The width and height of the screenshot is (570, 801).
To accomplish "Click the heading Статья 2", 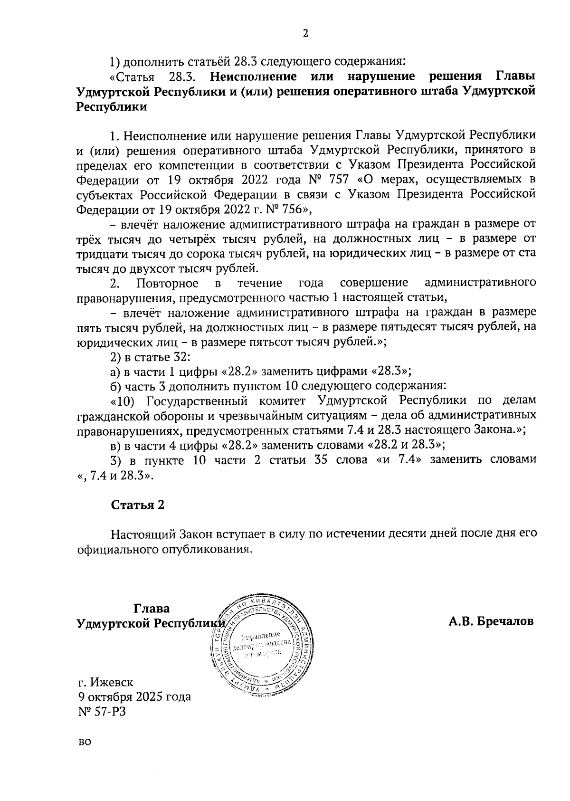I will [x=138, y=505].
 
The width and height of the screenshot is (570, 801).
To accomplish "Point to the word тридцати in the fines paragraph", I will [x=101, y=254].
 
